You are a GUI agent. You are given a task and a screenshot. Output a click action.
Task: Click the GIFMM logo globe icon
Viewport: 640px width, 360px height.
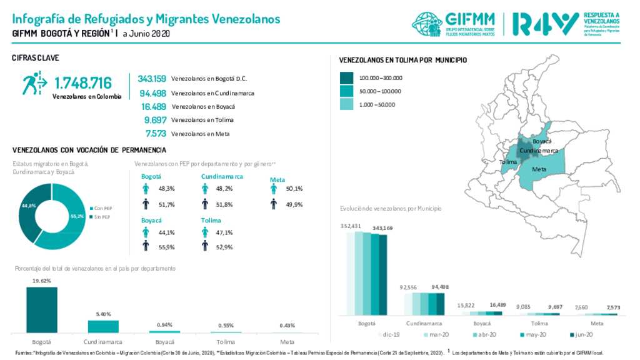427,24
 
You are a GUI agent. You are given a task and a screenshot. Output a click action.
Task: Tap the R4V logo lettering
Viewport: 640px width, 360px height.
544,24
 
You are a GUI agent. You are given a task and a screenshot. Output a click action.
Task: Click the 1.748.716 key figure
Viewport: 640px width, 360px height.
83,82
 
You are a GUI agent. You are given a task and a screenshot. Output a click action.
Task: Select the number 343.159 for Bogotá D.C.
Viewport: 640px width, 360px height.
152,79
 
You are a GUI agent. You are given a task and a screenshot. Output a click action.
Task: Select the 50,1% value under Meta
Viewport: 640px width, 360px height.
293,188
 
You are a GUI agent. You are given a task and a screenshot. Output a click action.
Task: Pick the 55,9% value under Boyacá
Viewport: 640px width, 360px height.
167,247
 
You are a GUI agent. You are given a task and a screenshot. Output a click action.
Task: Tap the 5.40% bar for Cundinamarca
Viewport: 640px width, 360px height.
103,326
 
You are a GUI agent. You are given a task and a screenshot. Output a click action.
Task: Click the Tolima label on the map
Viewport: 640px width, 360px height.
508,162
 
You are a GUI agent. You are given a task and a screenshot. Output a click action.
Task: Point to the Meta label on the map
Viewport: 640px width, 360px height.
539,169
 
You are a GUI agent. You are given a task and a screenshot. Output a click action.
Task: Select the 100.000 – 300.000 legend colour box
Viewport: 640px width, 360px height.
346,78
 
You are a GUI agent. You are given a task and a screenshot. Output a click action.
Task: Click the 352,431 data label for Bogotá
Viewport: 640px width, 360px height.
351,226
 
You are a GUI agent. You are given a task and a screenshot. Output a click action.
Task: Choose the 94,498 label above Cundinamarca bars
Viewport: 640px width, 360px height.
437,287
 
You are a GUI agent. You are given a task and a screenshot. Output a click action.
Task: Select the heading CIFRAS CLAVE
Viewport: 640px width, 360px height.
36,58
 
